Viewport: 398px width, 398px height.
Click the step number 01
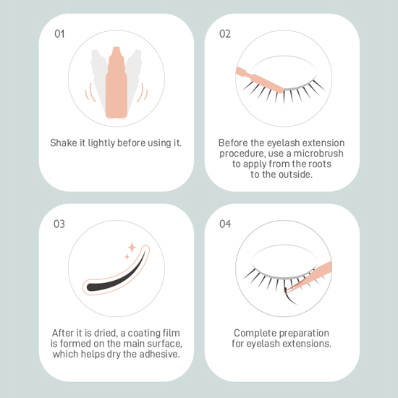pyautogui.click(x=59, y=34)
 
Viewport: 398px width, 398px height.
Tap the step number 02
pyautogui.click(x=225, y=34)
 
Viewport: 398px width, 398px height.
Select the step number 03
pyautogui.click(x=59, y=224)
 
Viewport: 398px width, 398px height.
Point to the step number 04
pyautogui.click(x=225, y=224)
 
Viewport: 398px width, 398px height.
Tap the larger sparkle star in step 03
pyautogui.click(x=132, y=247)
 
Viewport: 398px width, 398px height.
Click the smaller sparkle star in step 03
pyautogui.click(x=127, y=257)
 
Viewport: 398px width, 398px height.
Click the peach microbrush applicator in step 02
pyautogui.click(x=259, y=79)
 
